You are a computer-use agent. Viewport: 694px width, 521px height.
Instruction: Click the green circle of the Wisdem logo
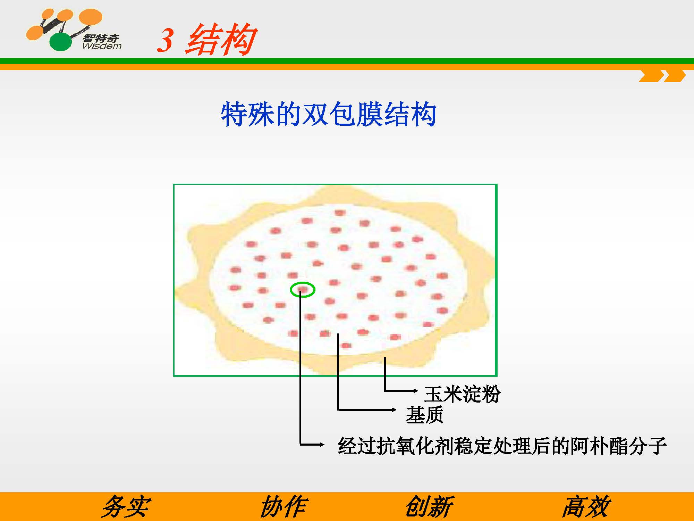pos(61,42)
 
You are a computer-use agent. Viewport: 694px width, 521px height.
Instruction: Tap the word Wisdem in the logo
pos(102,46)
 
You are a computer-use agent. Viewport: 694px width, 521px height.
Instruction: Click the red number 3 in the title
pos(165,40)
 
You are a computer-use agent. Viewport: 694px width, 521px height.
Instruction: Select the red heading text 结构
pos(221,40)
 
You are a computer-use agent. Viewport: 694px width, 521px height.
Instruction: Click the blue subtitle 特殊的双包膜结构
pos(329,114)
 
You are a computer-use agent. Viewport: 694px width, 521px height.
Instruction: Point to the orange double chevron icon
pos(662,76)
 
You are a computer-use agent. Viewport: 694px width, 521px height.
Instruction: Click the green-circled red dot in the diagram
pos(303,289)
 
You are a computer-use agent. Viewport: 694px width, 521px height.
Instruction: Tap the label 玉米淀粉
pos(462,394)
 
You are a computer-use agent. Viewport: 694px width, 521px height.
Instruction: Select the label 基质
pos(425,415)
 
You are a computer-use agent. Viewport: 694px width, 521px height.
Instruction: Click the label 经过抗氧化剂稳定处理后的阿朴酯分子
pos(502,446)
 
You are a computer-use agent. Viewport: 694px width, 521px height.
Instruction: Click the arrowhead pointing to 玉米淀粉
pos(415,391)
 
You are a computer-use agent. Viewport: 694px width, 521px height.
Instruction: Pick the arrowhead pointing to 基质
pos(394,410)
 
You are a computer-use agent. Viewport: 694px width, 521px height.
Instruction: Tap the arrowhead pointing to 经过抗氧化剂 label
pos(322,444)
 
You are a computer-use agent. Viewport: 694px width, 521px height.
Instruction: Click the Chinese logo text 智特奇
pos(101,38)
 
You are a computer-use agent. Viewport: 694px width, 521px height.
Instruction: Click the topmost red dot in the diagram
pos(340,213)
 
